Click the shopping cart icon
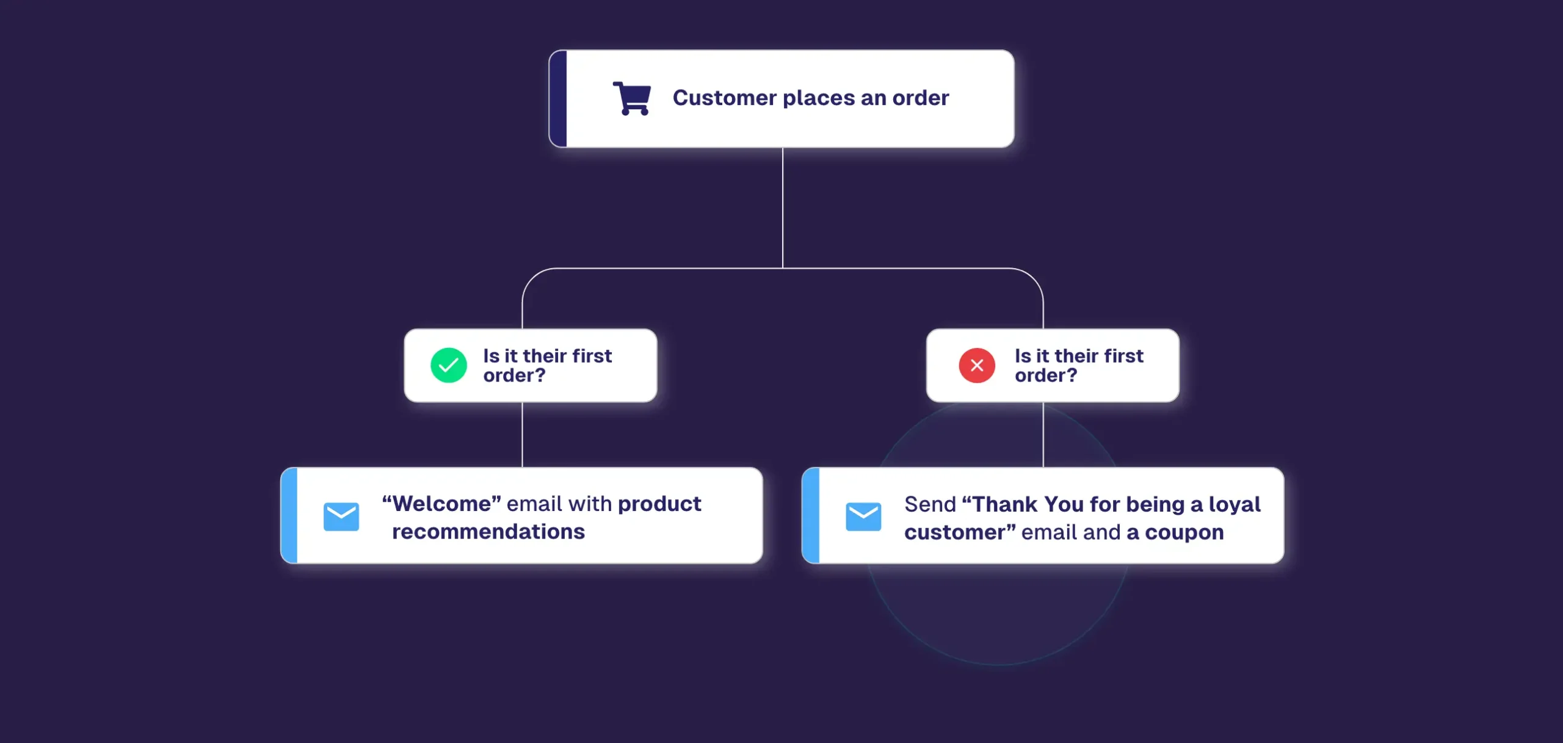pos(632,98)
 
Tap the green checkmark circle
pos(449,365)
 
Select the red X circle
pos(977,365)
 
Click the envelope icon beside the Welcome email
pos(341,516)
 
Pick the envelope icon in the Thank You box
pos(863,516)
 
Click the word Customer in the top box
pos(725,98)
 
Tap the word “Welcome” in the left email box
pos(441,504)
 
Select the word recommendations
pos(488,532)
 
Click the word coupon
pos(1184,532)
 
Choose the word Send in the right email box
pos(930,504)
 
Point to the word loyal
pos(1235,504)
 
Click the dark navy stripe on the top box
pos(558,98)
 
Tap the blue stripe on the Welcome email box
pos(289,515)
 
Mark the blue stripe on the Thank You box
pos(810,515)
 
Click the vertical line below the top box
pos(783,208)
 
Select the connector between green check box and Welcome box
pos(523,435)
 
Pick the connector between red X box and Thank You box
pos(1043,435)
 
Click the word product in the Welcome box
pos(659,504)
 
